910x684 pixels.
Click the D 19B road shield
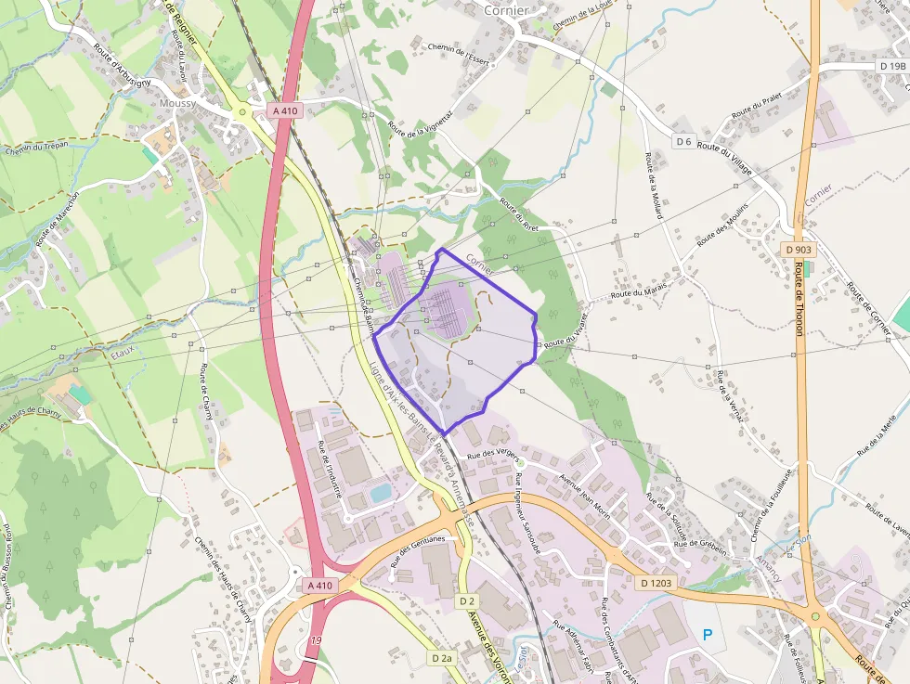click(892, 66)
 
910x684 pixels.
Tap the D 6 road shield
click(683, 141)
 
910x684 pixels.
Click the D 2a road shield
click(442, 658)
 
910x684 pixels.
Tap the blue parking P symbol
click(708, 636)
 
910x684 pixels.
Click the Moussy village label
click(177, 104)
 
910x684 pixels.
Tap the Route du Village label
click(725, 155)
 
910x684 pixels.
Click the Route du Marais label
click(639, 290)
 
